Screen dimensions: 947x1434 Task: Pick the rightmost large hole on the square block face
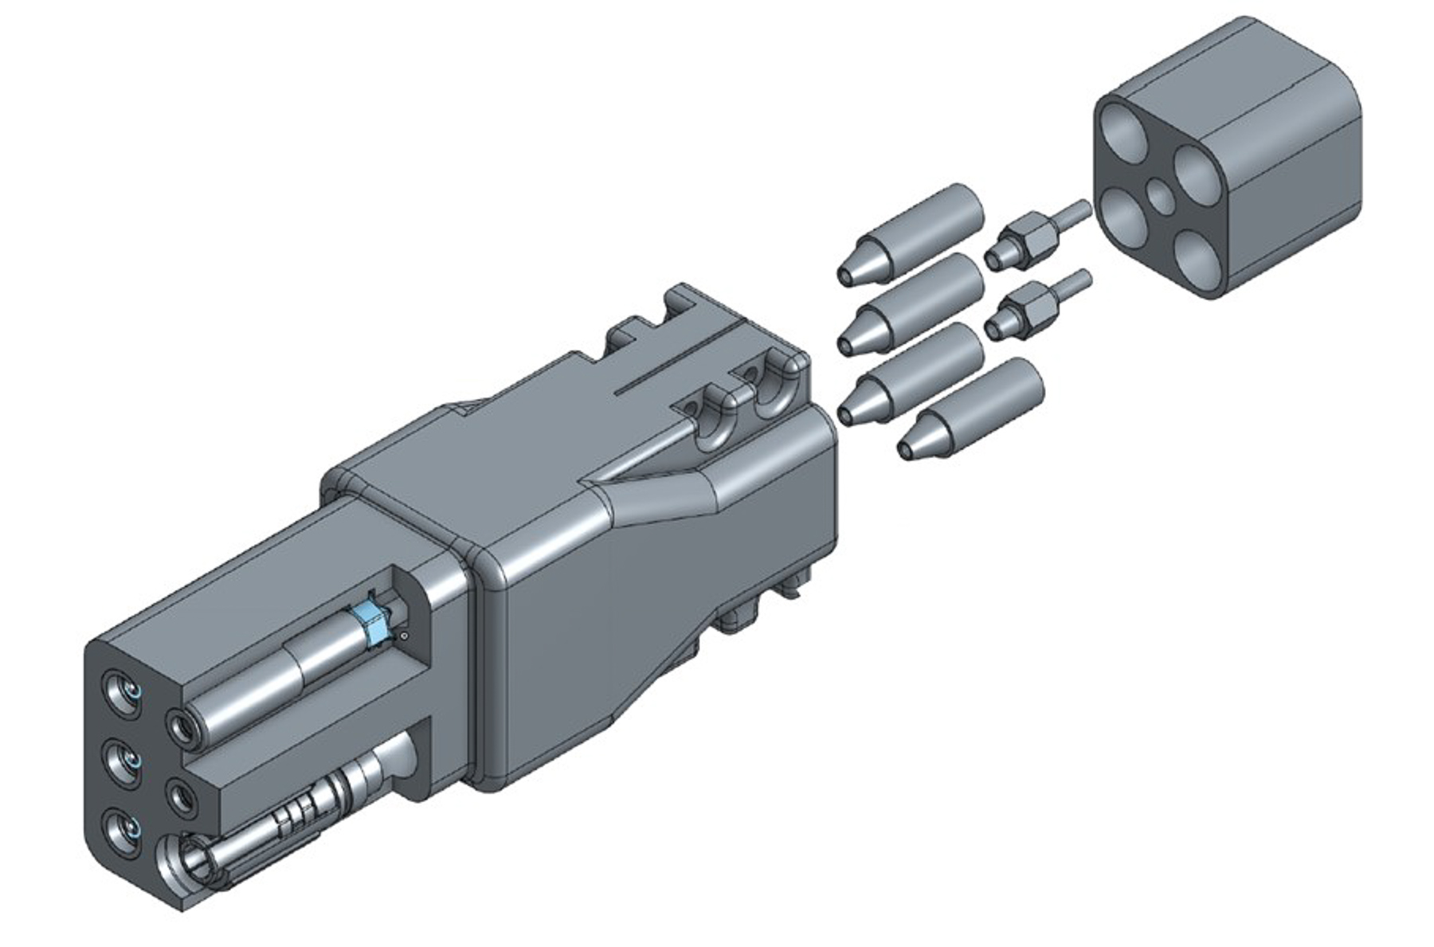tap(1193, 170)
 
